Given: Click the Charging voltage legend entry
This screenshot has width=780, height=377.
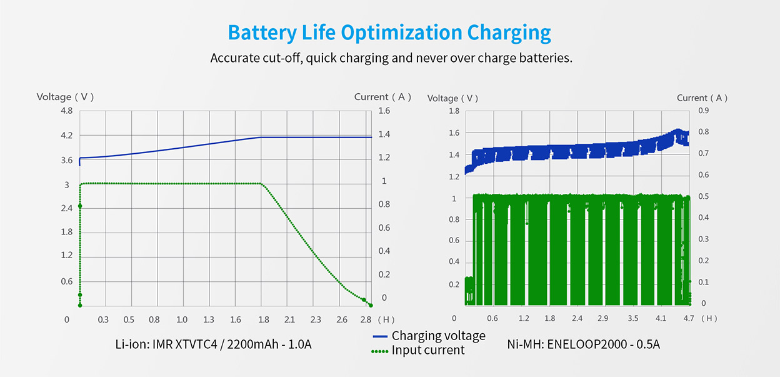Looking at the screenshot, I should pos(438,336).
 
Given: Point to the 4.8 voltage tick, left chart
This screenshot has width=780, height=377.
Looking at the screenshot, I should pos(66,111).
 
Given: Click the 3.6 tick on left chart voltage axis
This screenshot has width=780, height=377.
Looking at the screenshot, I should pos(66,161).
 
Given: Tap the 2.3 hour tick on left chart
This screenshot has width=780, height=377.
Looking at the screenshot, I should pos(316,319).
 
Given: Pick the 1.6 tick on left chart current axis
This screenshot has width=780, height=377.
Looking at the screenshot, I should pos(384,111).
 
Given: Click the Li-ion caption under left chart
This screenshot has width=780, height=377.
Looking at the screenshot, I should pos(213,344).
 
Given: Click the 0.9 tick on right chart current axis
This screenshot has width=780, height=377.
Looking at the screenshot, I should pos(703,111).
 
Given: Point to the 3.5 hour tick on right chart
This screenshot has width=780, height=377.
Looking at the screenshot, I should pos(632,318).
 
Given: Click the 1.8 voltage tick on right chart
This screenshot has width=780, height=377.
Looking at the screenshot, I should pos(454,111).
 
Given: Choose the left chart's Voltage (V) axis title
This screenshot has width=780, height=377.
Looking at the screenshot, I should pos(65,97).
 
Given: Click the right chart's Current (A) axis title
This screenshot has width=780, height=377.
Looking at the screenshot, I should pos(702,98).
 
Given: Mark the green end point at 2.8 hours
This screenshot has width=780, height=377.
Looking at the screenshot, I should pos(371,305).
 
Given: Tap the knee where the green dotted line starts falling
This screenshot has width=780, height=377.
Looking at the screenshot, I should pos(261,184).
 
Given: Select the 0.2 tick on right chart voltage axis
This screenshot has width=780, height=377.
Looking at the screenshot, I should pos(454,284).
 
